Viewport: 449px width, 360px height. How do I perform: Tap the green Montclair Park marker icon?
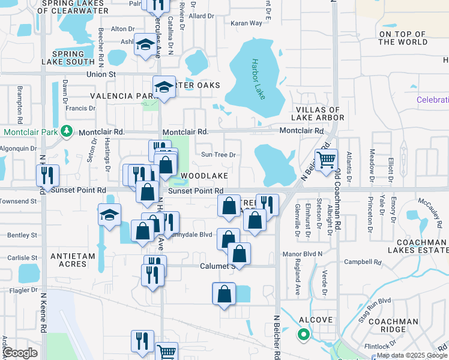(x=67, y=131)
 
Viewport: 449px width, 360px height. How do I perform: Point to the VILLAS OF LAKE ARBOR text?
(x=319, y=113)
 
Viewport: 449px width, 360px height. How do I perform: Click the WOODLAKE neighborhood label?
(x=204, y=176)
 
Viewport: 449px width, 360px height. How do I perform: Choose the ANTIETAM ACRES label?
(x=73, y=260)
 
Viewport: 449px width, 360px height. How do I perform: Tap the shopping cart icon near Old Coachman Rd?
(x=326, y=160)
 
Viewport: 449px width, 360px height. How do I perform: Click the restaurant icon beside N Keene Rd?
(x=47, y=175)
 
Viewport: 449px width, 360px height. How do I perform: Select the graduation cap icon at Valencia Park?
(x=163, y=88)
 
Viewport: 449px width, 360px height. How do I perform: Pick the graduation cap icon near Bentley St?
(x=109, y=214)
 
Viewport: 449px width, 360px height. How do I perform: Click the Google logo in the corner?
(x=20, y=353)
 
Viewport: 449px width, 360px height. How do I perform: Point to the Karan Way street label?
(x=247, y=23)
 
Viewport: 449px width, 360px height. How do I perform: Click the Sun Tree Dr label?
(x=217, y=155)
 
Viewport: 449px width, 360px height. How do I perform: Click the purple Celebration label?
(x=433, y=100)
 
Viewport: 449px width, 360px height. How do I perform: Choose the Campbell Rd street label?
(x=363, y=262)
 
